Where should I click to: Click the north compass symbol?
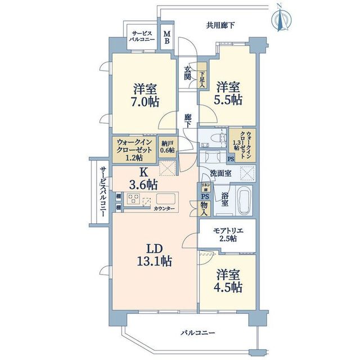[280, 17]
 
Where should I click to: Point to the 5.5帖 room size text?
[229, 100]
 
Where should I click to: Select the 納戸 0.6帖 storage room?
[168, 146]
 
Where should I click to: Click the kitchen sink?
[167, 199]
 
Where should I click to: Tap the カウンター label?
[164, 209]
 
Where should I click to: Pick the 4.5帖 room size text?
[229, 287]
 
